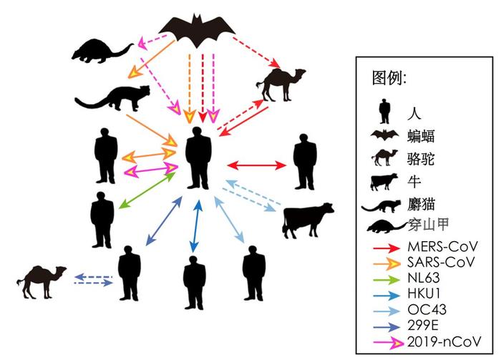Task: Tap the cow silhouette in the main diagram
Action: tap(308, 220)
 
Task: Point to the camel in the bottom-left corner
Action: tap(42, 282)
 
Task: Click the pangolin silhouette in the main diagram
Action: tap(102, 51)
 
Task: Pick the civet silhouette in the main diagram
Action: tap(112, 98)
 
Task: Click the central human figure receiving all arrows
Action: tap(198, 158)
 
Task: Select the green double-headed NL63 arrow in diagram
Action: tap(147, 190)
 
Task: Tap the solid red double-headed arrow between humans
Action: tap(256, 165)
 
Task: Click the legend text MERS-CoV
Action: tap(442, 247)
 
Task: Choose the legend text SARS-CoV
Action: tap(441, 262)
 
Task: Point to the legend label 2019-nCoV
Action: tap(444, 342)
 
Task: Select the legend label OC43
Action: tap(427, 309)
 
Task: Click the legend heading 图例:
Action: tap(389, 77)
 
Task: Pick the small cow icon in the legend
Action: tap(384, 182)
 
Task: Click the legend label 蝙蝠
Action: tap(421, 137)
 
